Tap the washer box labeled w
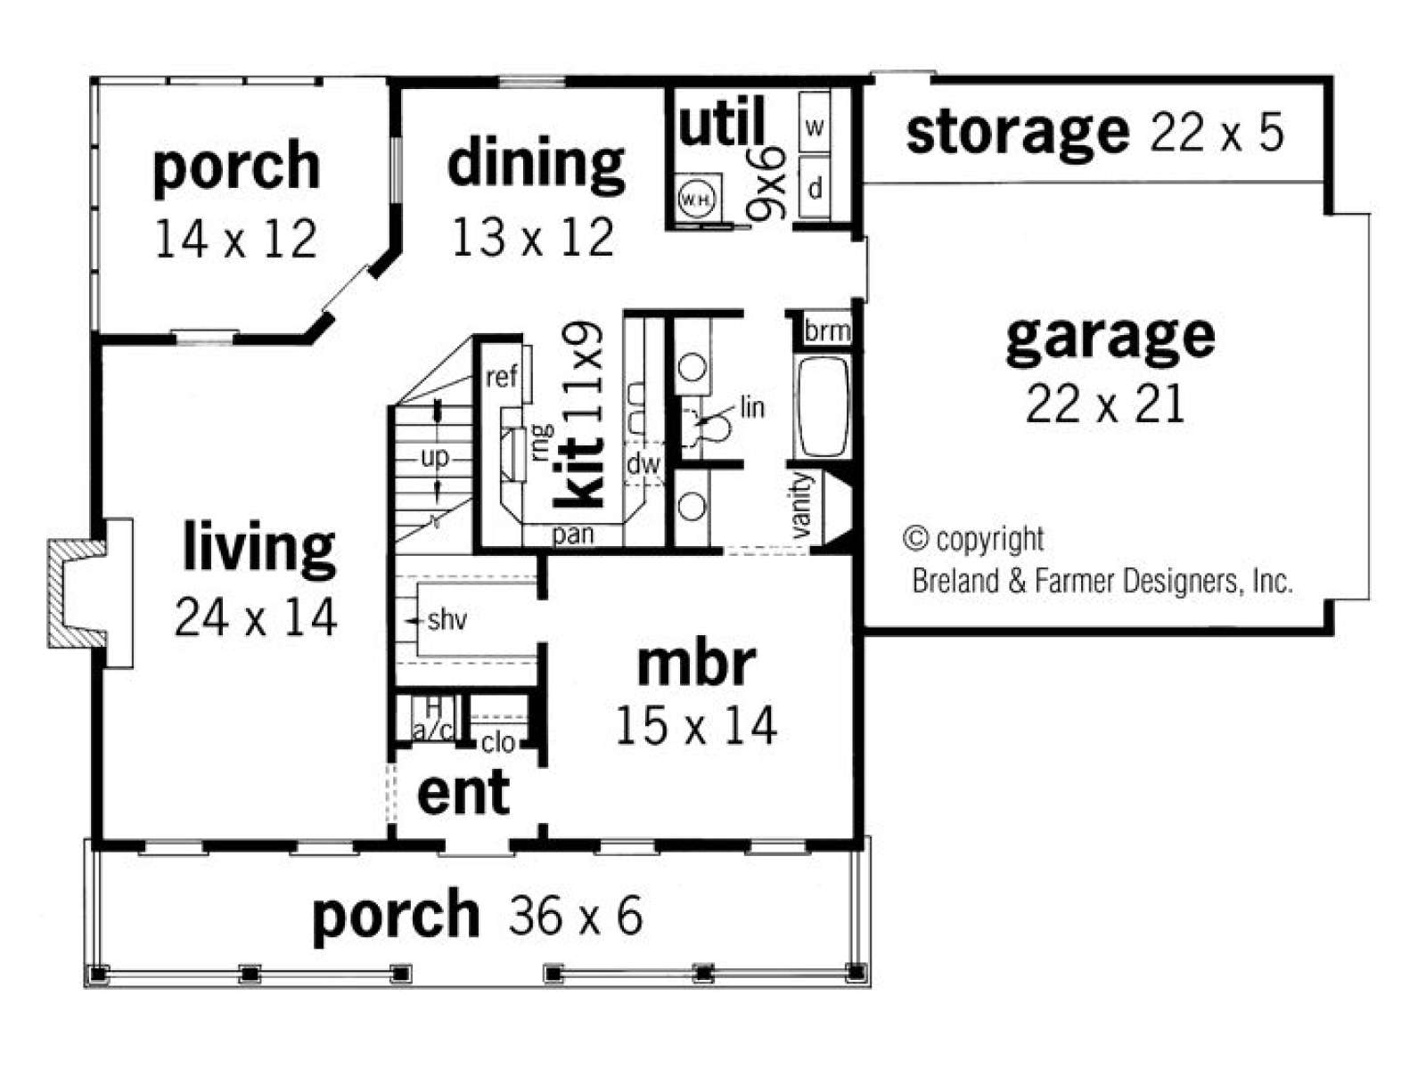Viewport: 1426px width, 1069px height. (814, 122)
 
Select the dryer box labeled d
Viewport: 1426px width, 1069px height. (814, 188)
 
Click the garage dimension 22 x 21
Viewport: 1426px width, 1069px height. (1105, 404)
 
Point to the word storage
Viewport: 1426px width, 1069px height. (1018, 134)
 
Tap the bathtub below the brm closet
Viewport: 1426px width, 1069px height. (824, 407)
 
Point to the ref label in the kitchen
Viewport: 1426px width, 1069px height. (502, 376)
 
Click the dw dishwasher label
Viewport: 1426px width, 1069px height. (643, 464)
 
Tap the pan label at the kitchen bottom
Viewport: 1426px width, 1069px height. (573, 534)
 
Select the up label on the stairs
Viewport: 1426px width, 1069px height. (435, 459)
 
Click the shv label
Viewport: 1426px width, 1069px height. (447, 621)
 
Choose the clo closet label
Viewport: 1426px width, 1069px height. (498, 743)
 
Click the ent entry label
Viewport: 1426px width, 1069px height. (463, 793)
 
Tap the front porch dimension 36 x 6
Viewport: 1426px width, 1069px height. (576, 916)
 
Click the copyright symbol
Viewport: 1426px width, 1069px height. (915, 538)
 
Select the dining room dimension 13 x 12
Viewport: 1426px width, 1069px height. (533, 237)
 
